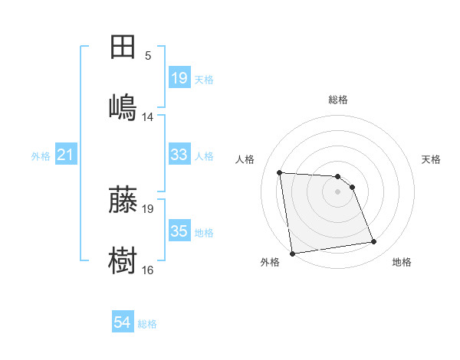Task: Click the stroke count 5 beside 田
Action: click(148, 55)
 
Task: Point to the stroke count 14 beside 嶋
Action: click(148, 116)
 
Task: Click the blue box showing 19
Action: click(179, 78)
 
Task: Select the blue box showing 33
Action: click(179, 155)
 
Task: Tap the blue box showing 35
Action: click(179, 231)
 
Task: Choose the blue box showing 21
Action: click(66, 155)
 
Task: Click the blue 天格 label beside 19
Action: click(204, 79)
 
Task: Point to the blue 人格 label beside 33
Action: click(204, 155)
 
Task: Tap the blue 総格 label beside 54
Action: click(147, 324)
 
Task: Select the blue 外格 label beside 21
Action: click(41, 156)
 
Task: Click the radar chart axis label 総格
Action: click(338, 100)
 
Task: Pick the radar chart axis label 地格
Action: click(402, 262)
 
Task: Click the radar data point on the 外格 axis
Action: click(292, 253)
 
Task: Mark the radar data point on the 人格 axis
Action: click(280, 172)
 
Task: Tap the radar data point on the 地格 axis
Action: click(374, 242)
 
